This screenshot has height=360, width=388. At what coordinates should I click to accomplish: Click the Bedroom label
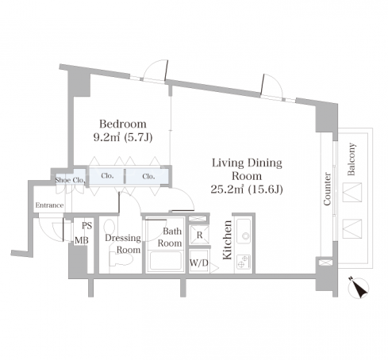123,124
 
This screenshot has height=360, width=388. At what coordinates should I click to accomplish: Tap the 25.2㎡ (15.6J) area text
247,190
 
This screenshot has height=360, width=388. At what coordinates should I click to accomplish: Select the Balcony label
352,159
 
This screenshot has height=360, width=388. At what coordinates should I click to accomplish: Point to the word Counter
328,189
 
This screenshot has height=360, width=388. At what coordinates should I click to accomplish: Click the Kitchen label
228,239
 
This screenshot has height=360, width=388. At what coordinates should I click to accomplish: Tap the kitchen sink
244,232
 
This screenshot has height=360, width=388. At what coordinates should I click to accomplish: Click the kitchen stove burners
244,262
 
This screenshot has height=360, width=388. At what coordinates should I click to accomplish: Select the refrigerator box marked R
200,235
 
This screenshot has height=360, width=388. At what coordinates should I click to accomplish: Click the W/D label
199,262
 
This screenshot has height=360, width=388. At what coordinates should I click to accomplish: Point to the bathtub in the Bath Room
165,261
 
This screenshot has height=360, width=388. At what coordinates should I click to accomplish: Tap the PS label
86,225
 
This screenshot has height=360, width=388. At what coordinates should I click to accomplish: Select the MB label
82,240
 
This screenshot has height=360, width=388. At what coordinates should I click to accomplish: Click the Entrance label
49,205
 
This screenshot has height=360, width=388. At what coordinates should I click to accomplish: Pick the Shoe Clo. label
70,180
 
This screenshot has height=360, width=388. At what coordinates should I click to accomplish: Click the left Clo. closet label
107,176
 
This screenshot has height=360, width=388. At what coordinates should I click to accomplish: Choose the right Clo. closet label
148,176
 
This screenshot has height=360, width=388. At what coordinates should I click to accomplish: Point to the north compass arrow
359,288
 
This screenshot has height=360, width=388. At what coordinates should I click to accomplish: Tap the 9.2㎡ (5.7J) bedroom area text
123,137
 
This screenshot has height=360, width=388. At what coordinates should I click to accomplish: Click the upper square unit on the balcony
352,193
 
